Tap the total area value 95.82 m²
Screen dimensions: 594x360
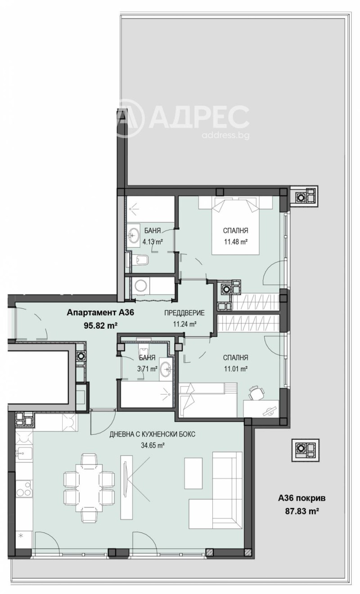point(100,326)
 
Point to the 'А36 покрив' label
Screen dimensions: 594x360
point(301,498)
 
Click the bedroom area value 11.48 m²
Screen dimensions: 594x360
point(236,241)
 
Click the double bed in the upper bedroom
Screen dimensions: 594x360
point(236,225)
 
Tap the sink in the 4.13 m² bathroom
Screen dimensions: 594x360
point(134,234)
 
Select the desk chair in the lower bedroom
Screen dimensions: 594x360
point(256,393)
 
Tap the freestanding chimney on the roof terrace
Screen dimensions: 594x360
point(305,448)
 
